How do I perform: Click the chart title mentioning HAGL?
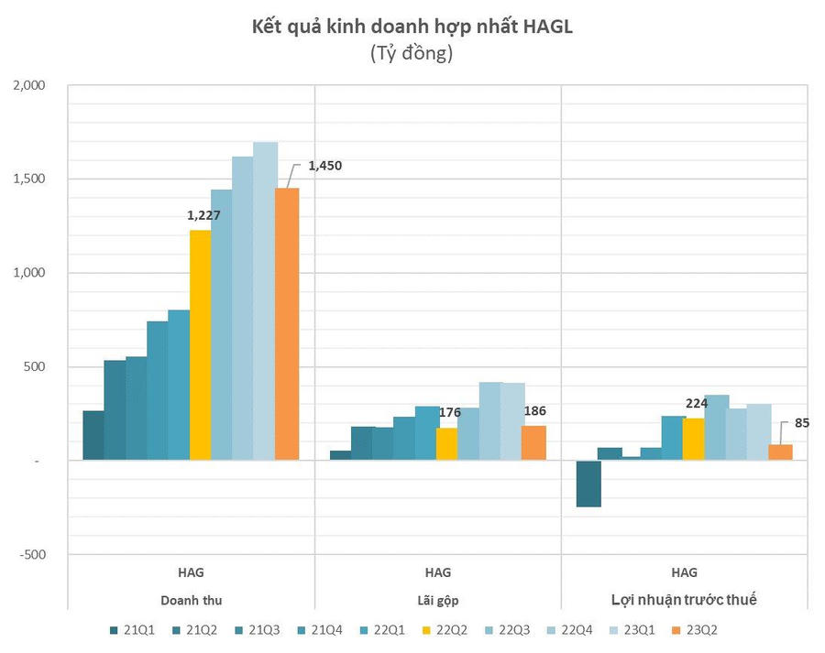412,27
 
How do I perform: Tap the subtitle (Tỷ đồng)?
412,53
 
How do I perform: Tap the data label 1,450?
324,167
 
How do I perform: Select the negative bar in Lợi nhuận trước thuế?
588,484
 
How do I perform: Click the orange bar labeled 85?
780,452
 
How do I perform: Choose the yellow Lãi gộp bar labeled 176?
446,444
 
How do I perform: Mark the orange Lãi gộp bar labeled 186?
533,443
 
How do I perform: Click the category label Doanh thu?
192,600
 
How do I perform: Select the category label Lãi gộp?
437,600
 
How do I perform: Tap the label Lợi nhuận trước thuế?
684,600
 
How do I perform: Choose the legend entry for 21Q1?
137,630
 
